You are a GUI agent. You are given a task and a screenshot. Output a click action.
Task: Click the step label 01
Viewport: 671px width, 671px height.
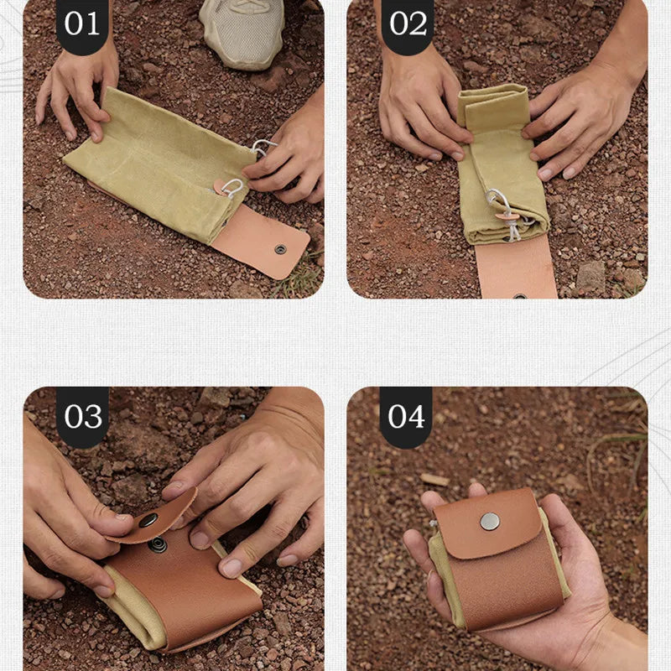(81, 23)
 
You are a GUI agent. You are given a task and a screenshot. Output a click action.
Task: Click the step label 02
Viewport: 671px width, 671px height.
(407, 23)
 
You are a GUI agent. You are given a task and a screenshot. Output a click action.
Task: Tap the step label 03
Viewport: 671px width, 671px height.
(82, 416)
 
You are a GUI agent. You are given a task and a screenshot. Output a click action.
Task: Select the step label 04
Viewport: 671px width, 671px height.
(407, 416)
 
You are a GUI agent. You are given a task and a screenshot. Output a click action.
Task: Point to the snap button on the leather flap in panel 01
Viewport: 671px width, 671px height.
(280, 249)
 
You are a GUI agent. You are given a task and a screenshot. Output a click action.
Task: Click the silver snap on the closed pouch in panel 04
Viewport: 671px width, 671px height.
(489, 521)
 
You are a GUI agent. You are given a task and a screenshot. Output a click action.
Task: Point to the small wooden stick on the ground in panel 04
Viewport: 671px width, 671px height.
(434, 480)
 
